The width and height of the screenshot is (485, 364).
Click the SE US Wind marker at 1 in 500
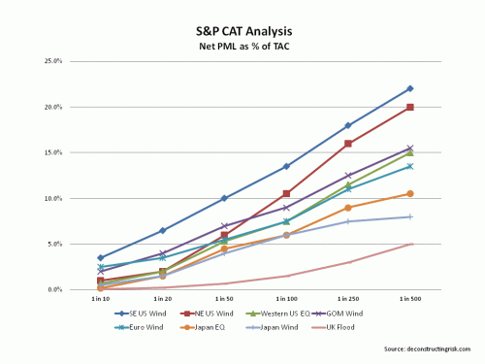coord(410,88)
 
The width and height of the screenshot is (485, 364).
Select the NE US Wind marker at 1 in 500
coord(410,107)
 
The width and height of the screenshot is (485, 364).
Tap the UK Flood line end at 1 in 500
coord(410,244)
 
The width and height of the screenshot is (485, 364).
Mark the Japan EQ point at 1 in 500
coord(410,193)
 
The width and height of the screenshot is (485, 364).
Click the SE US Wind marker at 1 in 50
coord(224,198)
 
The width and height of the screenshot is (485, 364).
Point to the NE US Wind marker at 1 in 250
coord(348,144)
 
